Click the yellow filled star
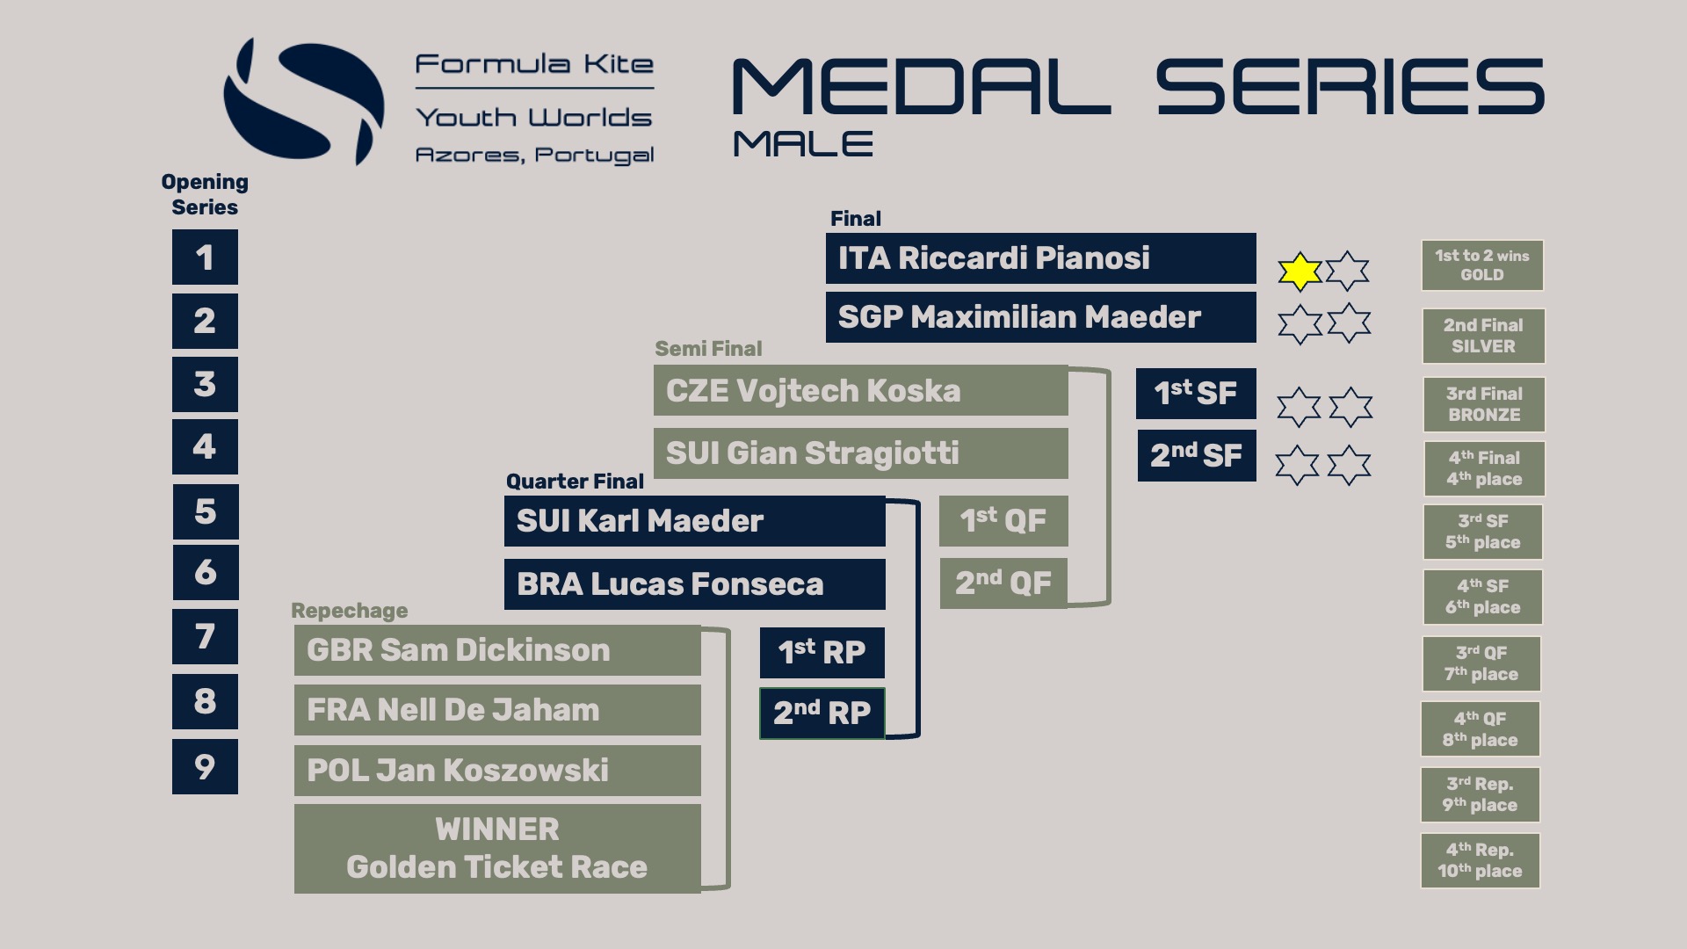pyautogui.click(x=1300, y=272)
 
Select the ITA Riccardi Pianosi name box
pyautogui.click(x=1040, y=258)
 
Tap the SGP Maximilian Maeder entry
pyautogui.click(x=1040, y=317)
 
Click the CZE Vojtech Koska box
pyautogui.click(x=860, y=391)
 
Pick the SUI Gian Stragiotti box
pyautogui.click(x=860, y=453)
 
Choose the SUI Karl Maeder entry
pyautogui.click(x=694, y=521)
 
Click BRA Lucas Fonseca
pyautogui.click(x=694, y=584)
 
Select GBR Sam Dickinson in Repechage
pyautogui.click(x=497, y=650)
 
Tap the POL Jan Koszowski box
pyautogui.click(x=497, y=771)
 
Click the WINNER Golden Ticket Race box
pyautogui.click(x=497, y=849)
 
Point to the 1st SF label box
pyautogui.click(x=1196, y=393)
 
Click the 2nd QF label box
pyautogui.click(x=1003, y=583)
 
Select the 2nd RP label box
pyautogui.click(x=822, y=713)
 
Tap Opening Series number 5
pyautogui.click(x=205, y=511)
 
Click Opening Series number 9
pyautogui.click(x=205, y=766)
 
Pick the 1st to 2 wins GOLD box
pyautogui.click(x=1482, y=265)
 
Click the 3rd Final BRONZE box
pyautogui.click(x=1483, y=404)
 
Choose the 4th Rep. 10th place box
pyautogui.click(x=1480, y=860)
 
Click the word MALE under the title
pyautogui.click(x=803, y=144)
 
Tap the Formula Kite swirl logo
pyautogui.click(x=303, y=101)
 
